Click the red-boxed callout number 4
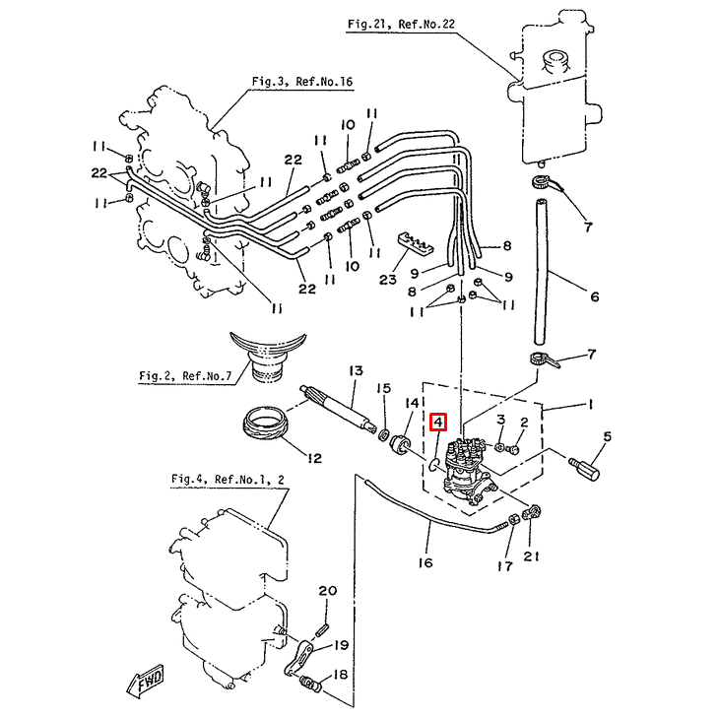(438, 424)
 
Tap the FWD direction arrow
(145, 680)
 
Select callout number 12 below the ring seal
(314, 457)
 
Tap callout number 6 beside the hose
(594, 294)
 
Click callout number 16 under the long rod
(425, 562)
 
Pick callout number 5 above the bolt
(608, 436)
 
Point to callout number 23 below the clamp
(387, 280)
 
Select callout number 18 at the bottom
(341, 676)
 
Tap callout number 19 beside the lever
(341, 645)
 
